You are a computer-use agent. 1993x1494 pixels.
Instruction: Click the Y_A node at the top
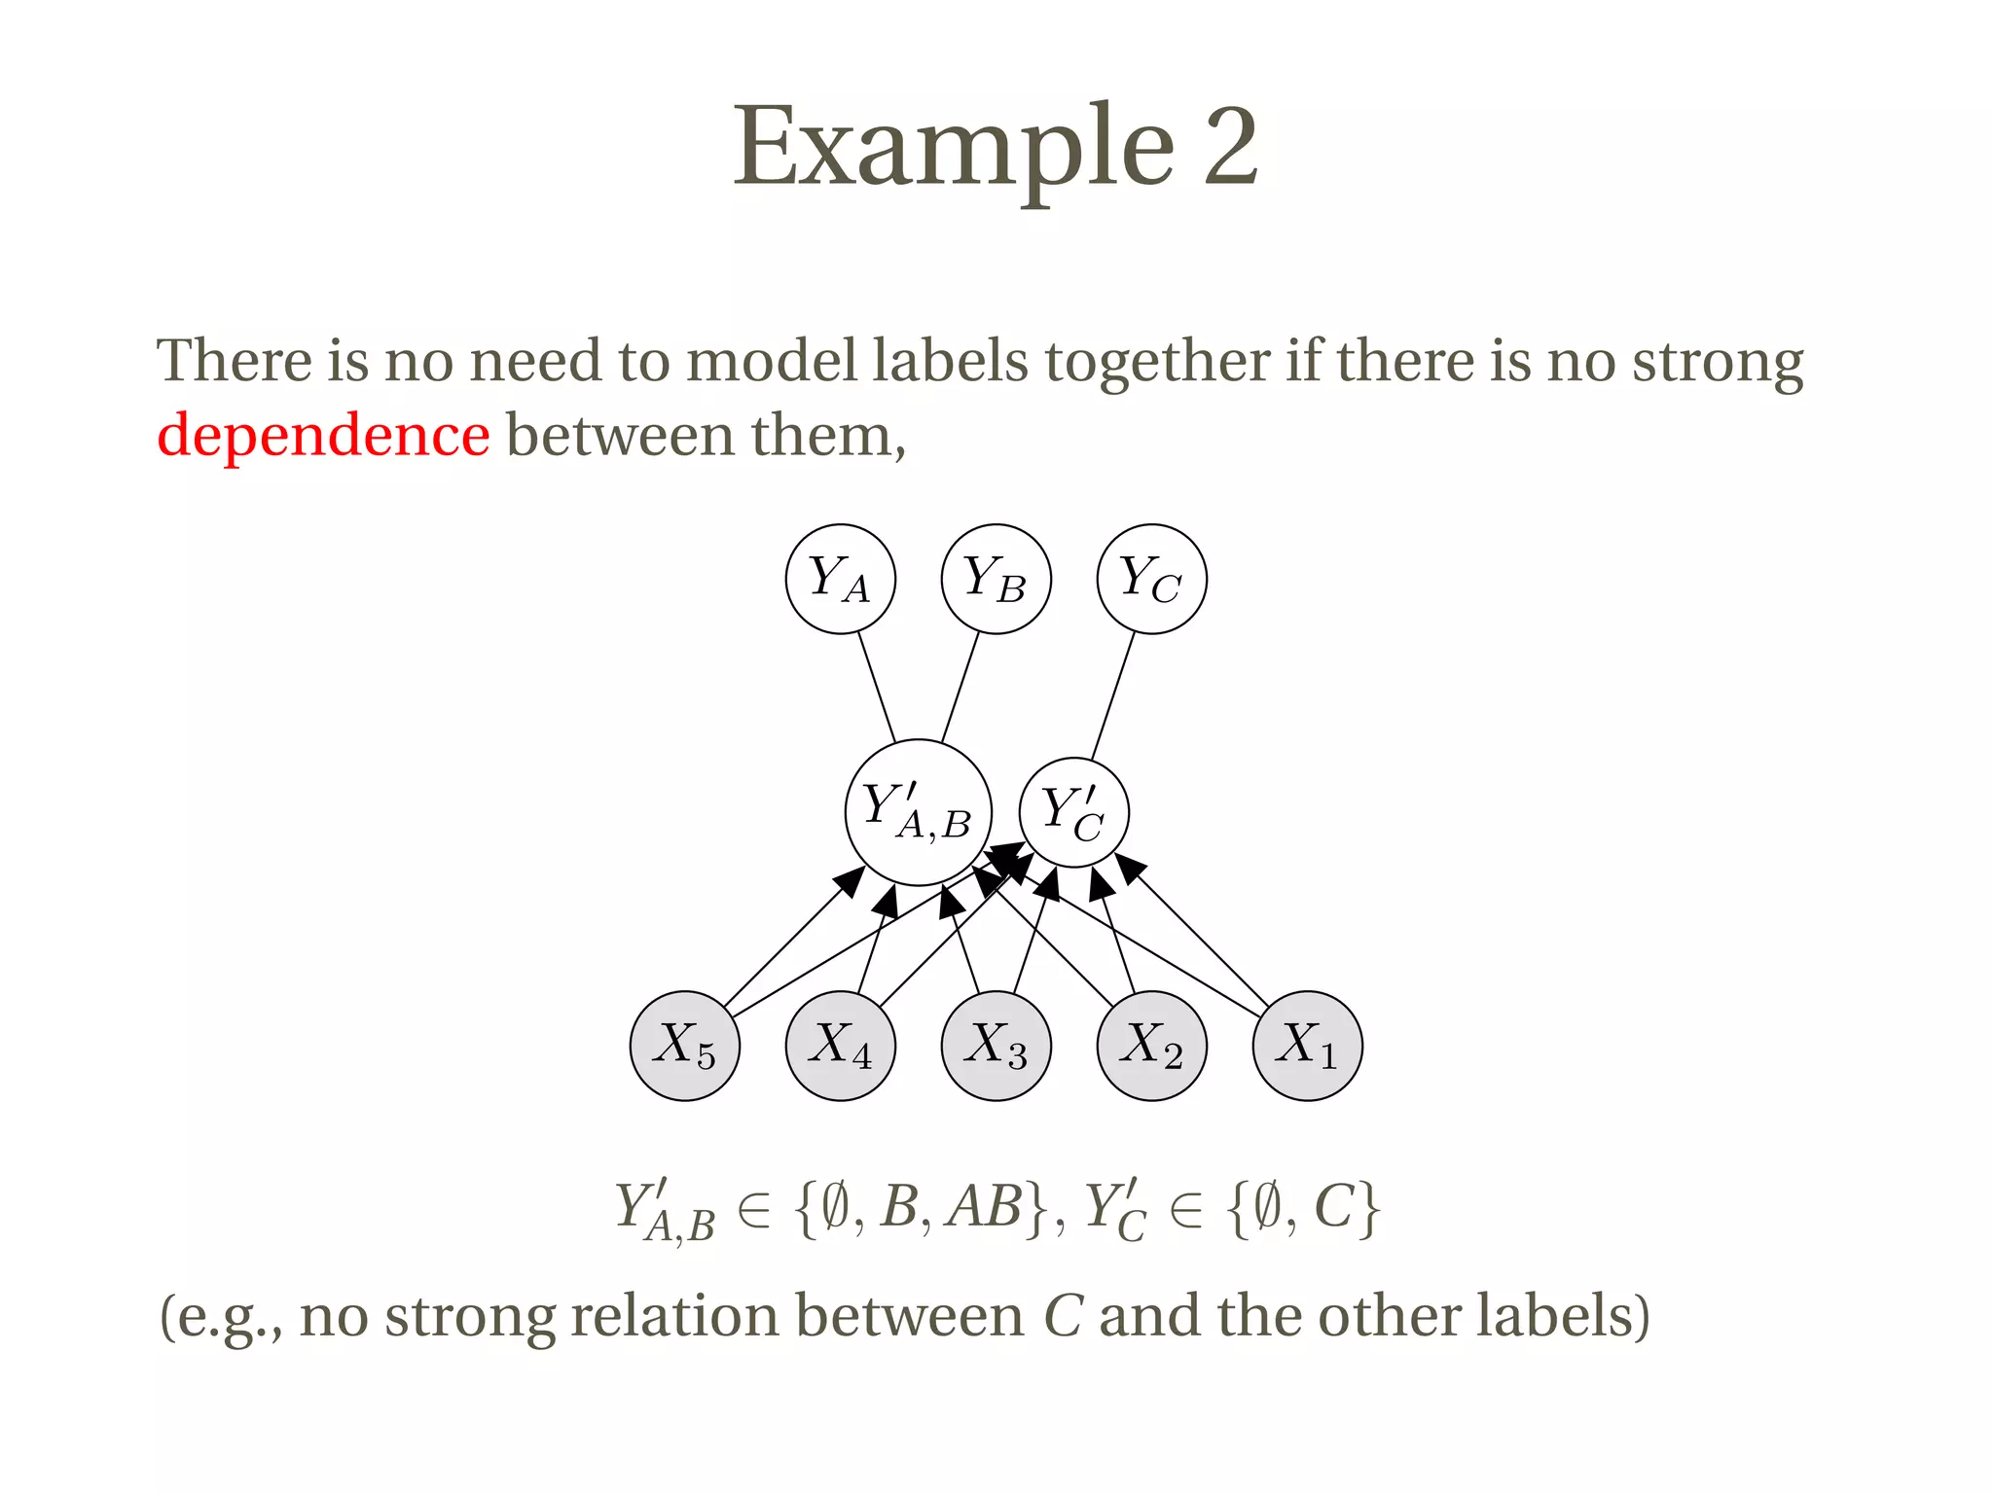point(840,579)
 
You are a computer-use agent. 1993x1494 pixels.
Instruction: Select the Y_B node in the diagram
point(996,579)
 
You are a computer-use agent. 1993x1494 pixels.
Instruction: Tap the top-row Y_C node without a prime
point(1151,579)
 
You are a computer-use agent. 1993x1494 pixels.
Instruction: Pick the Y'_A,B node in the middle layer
point(918,812)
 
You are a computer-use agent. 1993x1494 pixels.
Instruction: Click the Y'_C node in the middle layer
point(1073,812)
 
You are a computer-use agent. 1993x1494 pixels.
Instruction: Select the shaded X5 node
point(684,1046)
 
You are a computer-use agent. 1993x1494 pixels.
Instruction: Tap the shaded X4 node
point(840,1046)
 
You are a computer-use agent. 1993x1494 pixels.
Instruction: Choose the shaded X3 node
point(996,1046)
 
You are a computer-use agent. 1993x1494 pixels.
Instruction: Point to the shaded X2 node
point(1151,1046)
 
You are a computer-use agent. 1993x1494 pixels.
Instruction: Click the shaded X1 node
point(1307,1046)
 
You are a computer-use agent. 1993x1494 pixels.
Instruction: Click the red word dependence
point(323,435)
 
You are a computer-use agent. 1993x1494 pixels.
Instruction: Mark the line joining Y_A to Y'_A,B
point(876,687)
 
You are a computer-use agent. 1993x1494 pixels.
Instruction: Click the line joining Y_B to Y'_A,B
point(960,687)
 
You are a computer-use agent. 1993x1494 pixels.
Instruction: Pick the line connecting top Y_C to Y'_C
point(1112,696)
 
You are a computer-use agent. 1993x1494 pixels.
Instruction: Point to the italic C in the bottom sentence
point(1063,1316)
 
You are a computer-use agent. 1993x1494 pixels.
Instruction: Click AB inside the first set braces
point(985,1207)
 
